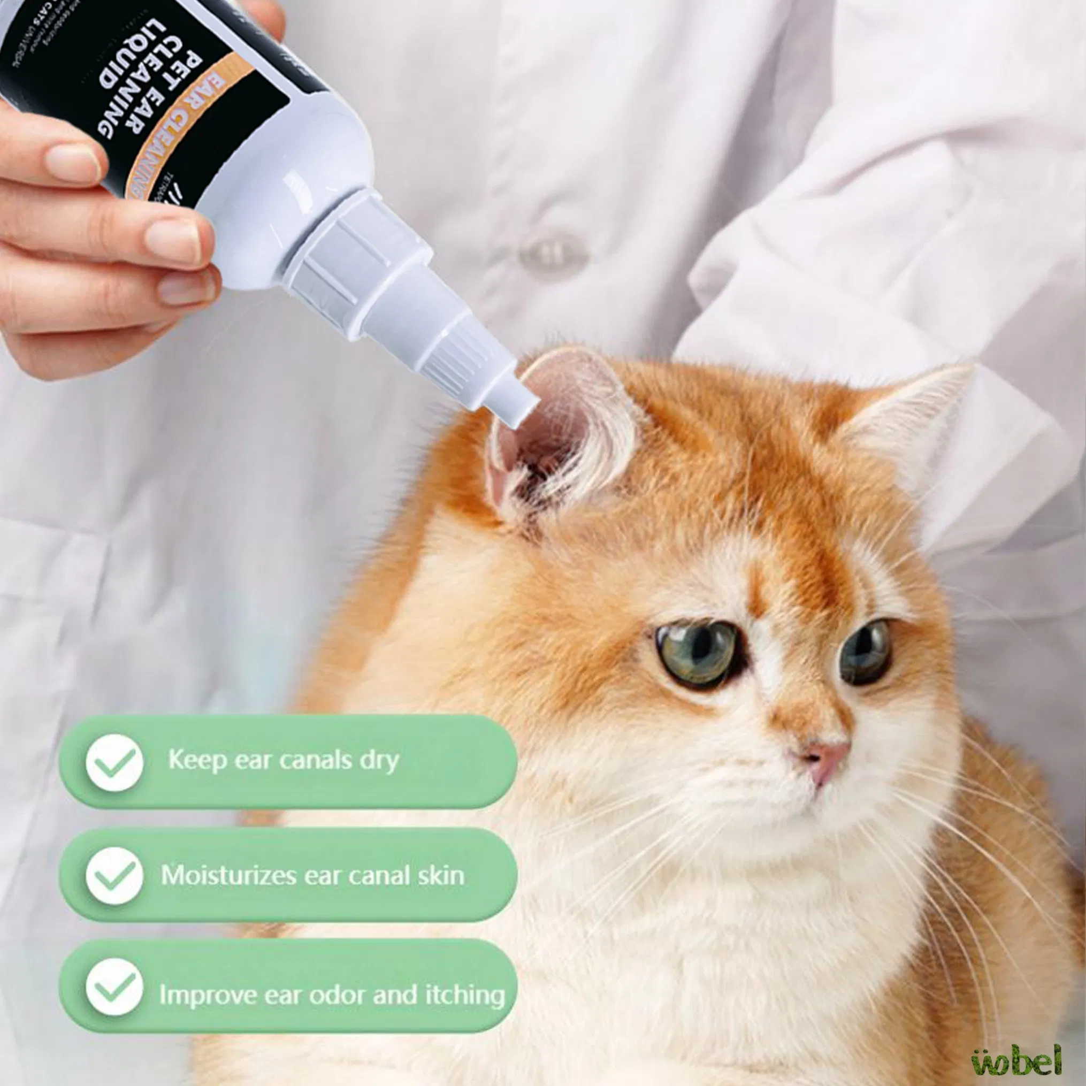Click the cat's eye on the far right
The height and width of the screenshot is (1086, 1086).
tap(866, 652)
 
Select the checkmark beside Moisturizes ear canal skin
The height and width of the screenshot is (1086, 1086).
tap(114, 876)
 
